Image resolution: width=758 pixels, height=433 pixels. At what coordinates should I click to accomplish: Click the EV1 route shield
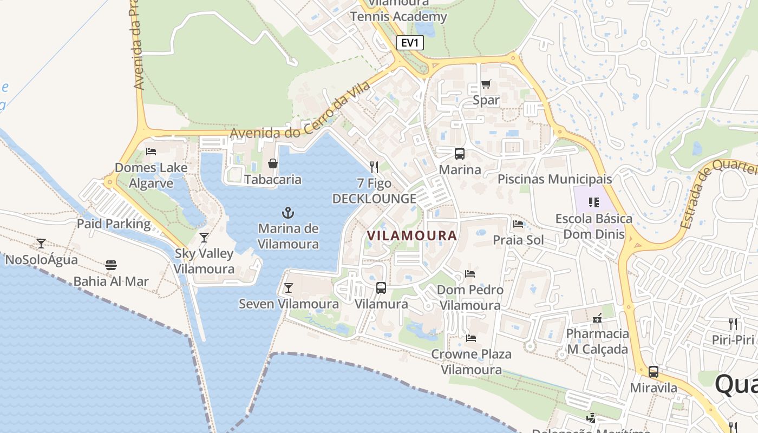pos(409,43)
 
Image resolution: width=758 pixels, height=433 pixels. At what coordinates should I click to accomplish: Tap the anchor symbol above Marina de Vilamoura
pos(288,212)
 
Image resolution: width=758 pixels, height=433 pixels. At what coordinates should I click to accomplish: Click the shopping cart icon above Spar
pos(486,84)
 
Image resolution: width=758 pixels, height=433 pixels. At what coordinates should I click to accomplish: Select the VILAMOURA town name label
pos(412,235)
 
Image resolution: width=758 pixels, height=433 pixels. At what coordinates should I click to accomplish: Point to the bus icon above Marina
pos(460,154)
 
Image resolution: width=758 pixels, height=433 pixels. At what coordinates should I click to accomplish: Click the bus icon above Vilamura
pos(381,288)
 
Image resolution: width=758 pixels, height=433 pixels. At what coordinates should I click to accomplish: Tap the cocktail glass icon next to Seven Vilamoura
pos(289,288)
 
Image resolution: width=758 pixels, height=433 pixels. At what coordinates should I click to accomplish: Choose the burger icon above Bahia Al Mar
pos(111,265)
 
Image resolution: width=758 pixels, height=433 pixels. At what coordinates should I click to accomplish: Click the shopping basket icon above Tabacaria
pos(273,163)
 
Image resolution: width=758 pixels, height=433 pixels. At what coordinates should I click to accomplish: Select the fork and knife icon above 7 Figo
pos(374,167)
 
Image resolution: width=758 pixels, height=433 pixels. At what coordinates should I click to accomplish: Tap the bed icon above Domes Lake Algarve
pos(151,152)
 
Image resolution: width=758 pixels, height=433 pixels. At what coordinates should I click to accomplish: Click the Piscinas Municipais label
pos(554,179)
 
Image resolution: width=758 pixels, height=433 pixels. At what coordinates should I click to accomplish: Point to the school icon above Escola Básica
pos(594,202)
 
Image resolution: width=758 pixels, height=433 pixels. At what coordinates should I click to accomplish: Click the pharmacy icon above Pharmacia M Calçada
pos(598,318)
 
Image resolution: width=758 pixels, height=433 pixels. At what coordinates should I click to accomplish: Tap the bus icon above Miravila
pos(654,372)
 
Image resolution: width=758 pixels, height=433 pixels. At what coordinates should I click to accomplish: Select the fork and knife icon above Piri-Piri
pos(733,324)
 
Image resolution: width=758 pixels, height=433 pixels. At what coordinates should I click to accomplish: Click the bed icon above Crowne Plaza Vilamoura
pos(471,338)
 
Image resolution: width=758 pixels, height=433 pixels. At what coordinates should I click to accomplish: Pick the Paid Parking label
pos(114,224)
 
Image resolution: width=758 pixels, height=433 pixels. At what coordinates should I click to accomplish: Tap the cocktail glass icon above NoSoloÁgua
pos(41,244)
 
